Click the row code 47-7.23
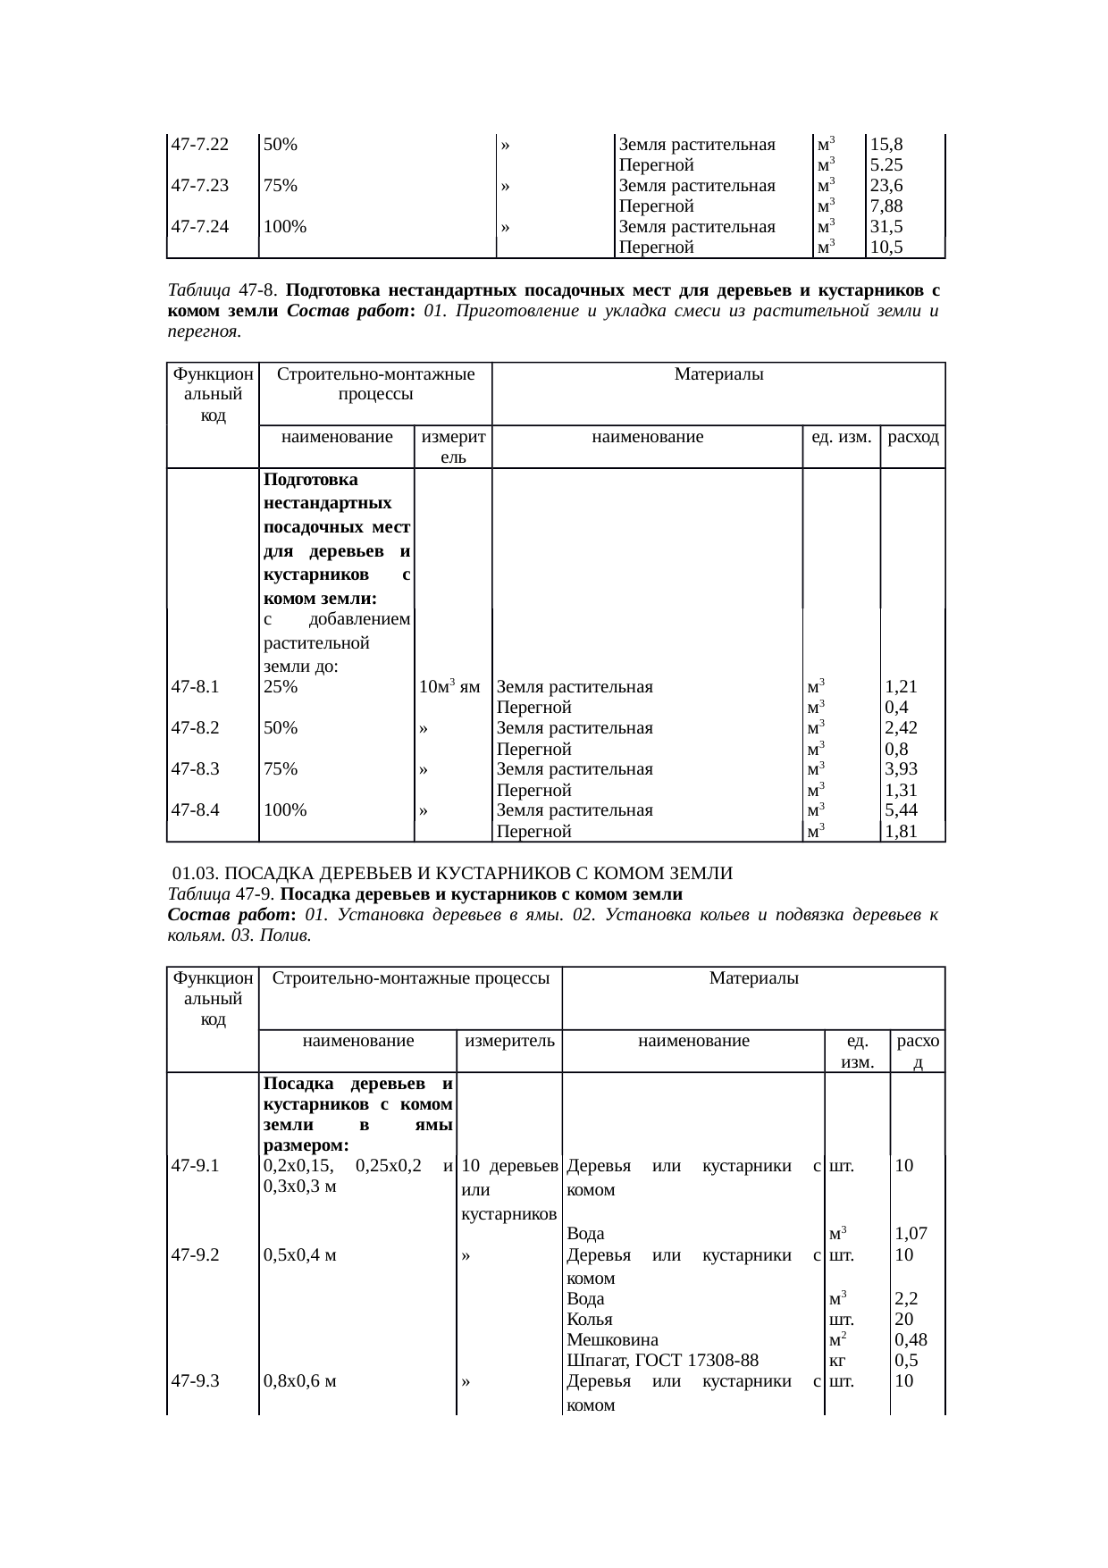199,186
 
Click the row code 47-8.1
196,687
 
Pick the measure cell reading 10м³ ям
449,687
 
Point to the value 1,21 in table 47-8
902,687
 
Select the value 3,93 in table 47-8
902,769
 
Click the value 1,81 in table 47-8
902,832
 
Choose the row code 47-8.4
196,810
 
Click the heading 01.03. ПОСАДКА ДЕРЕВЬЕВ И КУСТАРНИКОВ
452,873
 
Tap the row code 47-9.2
196,1254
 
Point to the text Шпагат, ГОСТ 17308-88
663,1361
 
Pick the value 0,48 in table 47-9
911,1339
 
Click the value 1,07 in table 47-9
911,1234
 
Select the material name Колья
590,1319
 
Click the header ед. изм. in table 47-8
841,437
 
